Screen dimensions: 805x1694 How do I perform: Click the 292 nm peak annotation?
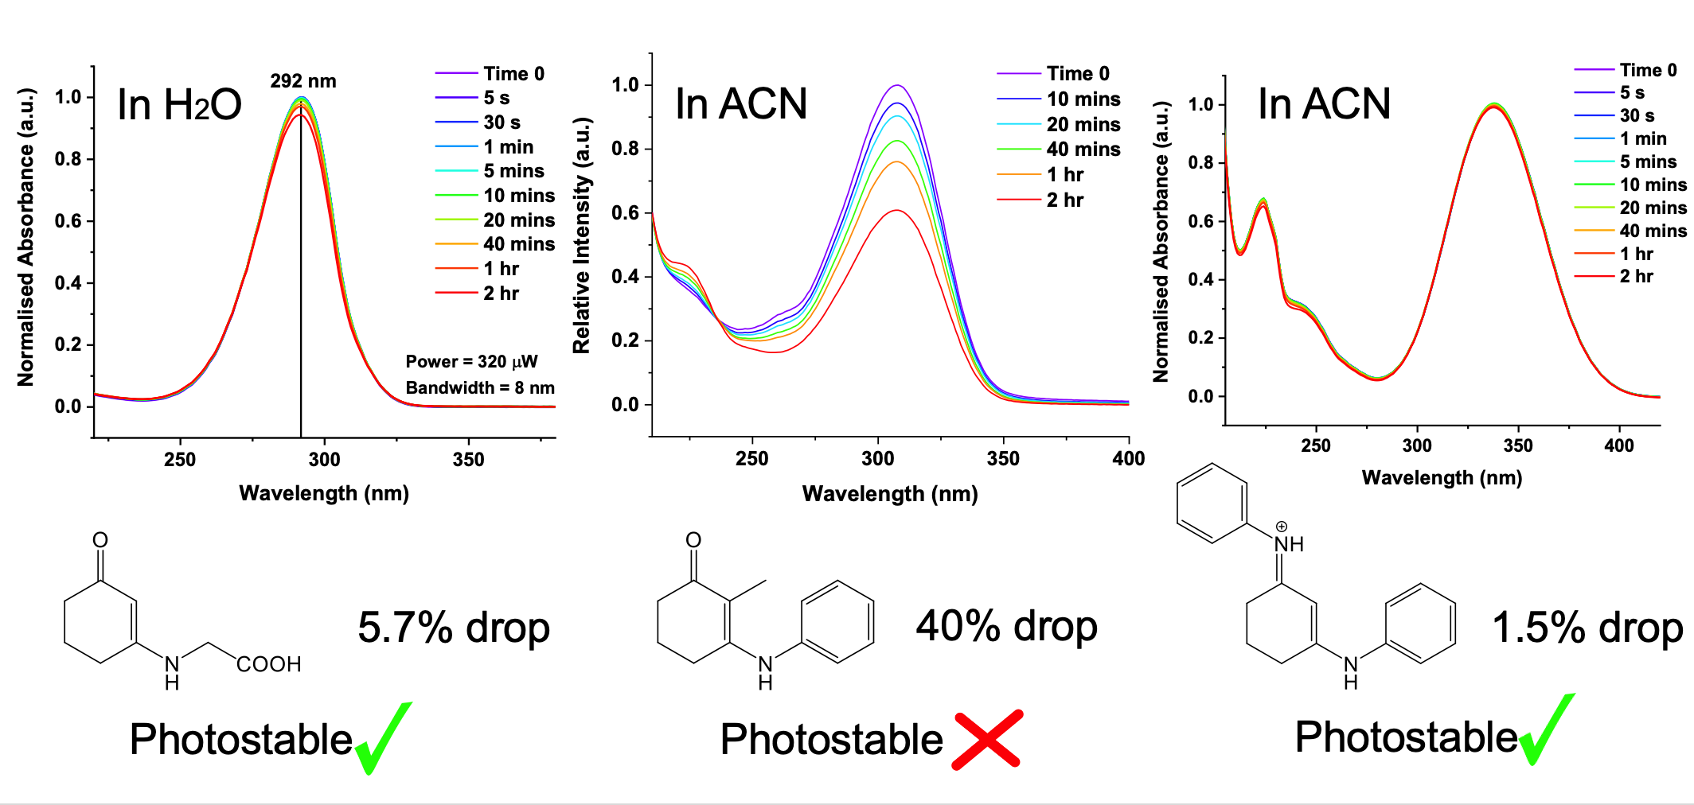(302, 81)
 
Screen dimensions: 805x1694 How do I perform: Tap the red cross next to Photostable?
(987, 740)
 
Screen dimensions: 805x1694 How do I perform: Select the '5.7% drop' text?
(454, 628)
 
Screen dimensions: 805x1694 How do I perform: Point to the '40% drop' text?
(1006, 626)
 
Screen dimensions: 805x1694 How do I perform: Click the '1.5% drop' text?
(1587, 628)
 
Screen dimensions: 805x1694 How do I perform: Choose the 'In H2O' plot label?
(179, 105)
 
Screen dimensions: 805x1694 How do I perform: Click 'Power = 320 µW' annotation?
(471, 362)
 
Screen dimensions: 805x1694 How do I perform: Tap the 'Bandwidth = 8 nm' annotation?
(479, 388)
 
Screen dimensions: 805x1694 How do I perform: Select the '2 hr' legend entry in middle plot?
(1064, 200)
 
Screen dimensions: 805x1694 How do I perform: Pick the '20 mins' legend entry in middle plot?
(1083, 125)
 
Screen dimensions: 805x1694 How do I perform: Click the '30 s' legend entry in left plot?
(502, 122)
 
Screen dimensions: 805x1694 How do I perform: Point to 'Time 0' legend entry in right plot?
(1648, 70)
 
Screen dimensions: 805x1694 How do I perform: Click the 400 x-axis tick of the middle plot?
(1128, 459)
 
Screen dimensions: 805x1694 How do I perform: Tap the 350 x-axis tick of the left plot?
(468, 460)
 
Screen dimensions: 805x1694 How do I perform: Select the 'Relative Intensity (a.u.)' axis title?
(582, 235)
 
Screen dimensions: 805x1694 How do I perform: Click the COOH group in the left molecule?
(269, 664)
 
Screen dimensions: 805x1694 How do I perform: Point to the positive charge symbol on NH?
(1281, 527)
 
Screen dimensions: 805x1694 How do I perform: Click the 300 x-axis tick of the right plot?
(1417, 446)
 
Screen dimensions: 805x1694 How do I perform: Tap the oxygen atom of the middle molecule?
(693, 541)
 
